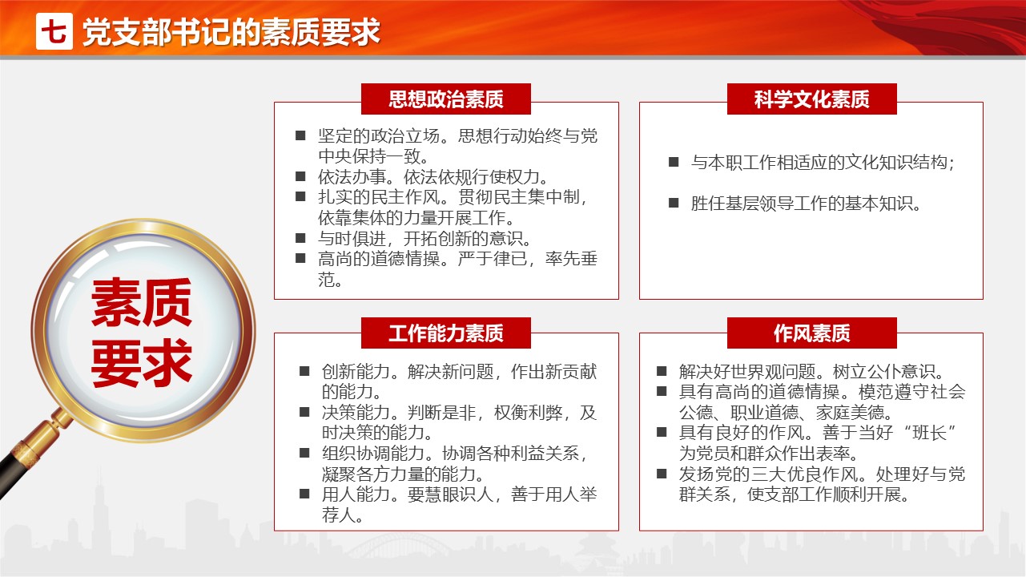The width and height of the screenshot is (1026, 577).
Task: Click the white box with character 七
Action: coord(54,31)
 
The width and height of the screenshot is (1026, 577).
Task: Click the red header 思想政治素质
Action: coord(445,99)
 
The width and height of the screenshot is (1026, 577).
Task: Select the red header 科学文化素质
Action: coord(811,99)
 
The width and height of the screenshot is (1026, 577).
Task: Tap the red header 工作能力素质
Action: coord(445,333)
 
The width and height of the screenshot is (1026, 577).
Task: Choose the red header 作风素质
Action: coord(811,333)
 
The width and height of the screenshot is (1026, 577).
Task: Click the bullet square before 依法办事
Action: coord(300,176)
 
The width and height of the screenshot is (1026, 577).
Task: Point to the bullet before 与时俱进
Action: coord(300,238)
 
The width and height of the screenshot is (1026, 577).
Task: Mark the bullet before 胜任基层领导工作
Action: coord(674,203)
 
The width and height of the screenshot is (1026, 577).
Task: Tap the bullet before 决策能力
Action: coord(304,412)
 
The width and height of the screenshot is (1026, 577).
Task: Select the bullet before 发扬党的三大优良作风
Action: coord(662,474)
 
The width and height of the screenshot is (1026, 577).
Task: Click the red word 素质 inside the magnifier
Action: coord(142,302)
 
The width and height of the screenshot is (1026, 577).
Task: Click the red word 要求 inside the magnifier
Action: coord(142,363)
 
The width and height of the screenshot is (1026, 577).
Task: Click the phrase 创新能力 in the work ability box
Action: coord(356,371)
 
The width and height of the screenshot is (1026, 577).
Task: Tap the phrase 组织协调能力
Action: coord(372,454)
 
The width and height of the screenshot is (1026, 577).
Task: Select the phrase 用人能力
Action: coord(356,494)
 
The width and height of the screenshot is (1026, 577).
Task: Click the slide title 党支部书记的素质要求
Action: coord(231,32)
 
